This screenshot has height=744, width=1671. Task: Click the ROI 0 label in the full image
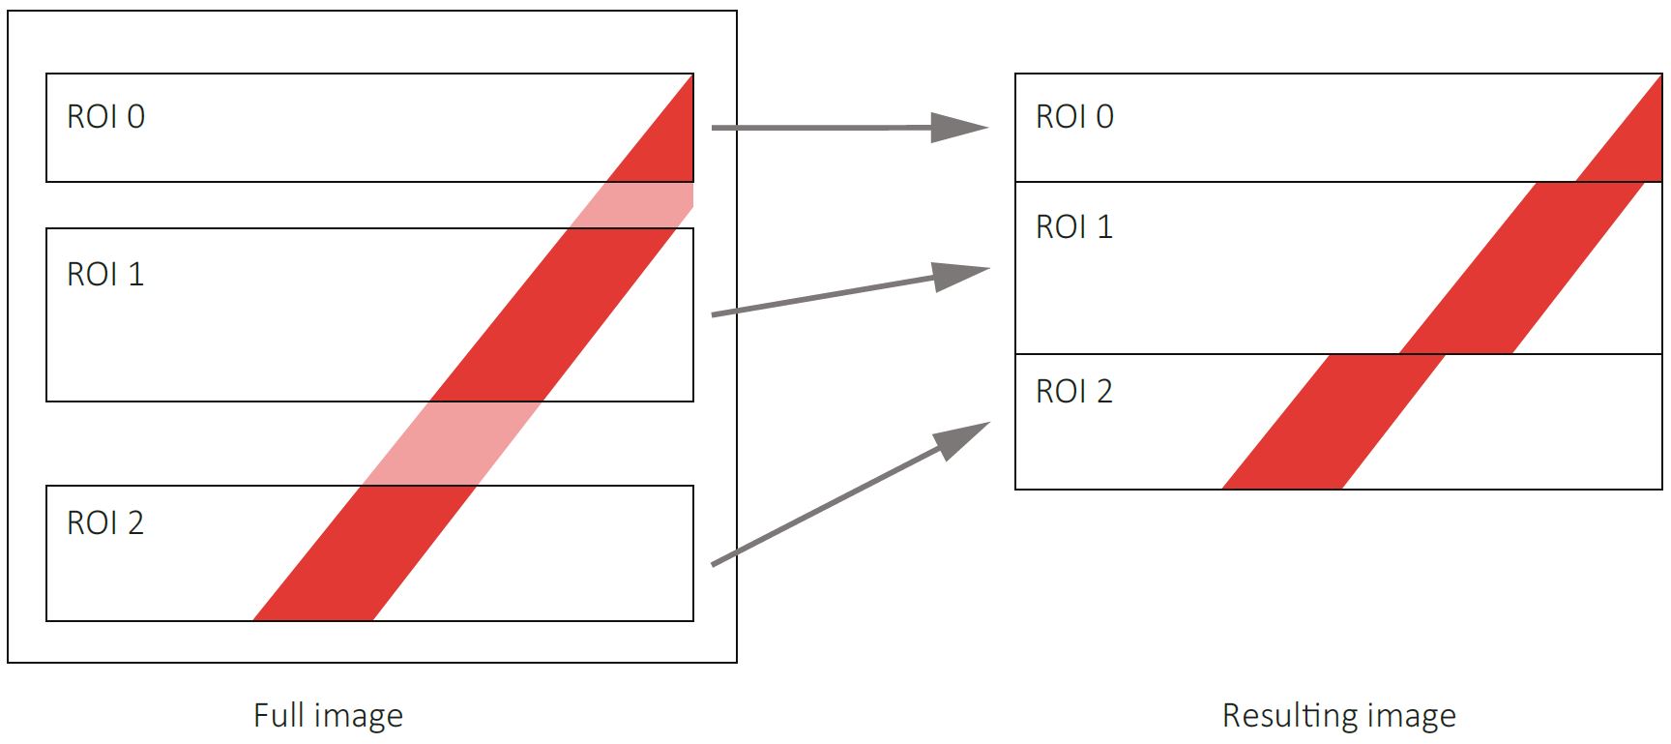pos(105,117)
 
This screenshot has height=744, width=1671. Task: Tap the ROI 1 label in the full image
pos(105,275)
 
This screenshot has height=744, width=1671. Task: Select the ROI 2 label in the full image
pos(105,523)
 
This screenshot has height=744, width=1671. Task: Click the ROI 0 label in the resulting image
pos(1074,117)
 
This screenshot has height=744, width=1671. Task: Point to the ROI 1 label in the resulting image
pos(1074,227)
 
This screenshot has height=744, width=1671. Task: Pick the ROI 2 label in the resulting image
pos(1074,392)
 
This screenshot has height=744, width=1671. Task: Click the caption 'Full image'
pos(328,716)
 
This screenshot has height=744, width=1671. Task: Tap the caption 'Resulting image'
pos(1338,716)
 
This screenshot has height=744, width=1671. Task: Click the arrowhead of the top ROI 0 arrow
pos(958,127)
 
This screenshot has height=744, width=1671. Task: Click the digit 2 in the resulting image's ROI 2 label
pos(1103,392)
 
